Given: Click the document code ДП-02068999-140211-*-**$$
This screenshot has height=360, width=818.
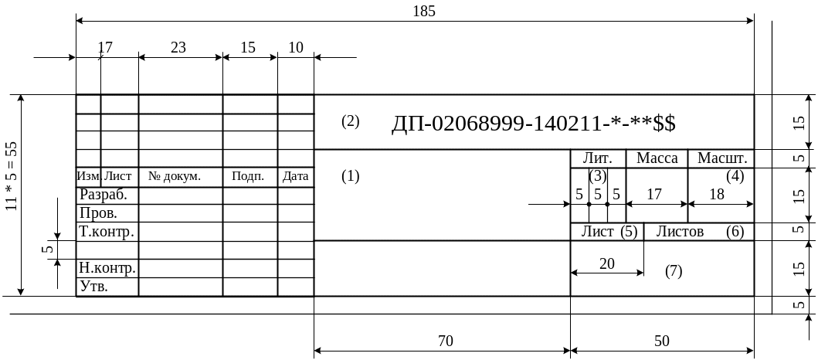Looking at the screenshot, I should point(534,124).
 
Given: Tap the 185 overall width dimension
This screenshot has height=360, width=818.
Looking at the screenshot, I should point(425,11).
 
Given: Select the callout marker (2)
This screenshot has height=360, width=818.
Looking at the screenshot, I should point(350,121).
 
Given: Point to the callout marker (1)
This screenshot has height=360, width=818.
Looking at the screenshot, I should point(350,176).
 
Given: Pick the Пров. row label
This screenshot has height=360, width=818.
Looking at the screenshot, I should point(99,212).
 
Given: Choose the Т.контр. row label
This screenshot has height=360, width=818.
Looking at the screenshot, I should point(107,231).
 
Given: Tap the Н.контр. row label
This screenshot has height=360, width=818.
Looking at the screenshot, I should point(107,269).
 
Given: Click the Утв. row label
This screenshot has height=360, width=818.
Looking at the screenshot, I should point(94,287).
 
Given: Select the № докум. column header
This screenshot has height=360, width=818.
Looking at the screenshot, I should point(175,177).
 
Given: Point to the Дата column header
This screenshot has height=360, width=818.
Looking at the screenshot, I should point(295,177).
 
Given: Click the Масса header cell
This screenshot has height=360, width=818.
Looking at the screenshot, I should point(657,158).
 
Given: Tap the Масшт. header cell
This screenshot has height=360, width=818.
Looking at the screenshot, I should point(721,158).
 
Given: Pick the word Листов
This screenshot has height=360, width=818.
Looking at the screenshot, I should point(680,231).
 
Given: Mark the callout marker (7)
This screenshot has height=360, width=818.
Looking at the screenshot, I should point(674,271).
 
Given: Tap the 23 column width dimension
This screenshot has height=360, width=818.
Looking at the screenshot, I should point(178,47).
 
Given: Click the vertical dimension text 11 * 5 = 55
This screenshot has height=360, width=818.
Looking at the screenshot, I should point(11,176).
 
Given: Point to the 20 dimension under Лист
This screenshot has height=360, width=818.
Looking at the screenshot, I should point(607,263).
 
